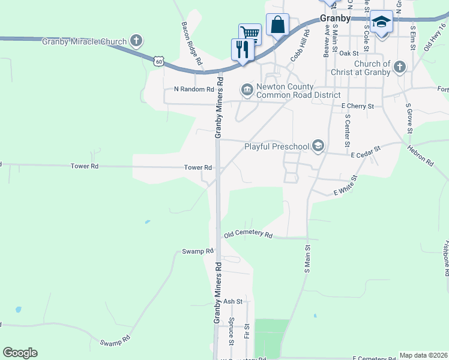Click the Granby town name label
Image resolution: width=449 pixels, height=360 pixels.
point(335,19)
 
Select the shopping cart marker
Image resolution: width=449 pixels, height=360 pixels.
point(250,34)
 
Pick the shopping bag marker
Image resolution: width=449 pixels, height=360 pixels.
point(277,25)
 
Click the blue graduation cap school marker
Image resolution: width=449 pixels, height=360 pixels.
point(381,22)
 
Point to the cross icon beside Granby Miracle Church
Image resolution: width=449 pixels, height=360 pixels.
point(136,41)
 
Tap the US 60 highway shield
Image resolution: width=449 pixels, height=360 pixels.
point(158,61)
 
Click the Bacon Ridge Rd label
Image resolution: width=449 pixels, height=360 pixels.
point(191,43)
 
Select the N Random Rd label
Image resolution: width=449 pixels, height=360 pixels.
point(194,89)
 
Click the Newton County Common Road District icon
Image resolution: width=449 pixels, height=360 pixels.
point(247,90)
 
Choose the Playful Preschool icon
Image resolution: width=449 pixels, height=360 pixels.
point(318,146)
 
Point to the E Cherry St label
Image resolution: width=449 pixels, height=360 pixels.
point(358,106)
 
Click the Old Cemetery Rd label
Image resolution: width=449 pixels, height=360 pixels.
point(248,235)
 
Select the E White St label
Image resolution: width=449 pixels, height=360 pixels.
point(345,186)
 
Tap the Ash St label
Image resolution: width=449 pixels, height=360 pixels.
point(232,301)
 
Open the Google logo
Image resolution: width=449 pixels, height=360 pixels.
point(20,353)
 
